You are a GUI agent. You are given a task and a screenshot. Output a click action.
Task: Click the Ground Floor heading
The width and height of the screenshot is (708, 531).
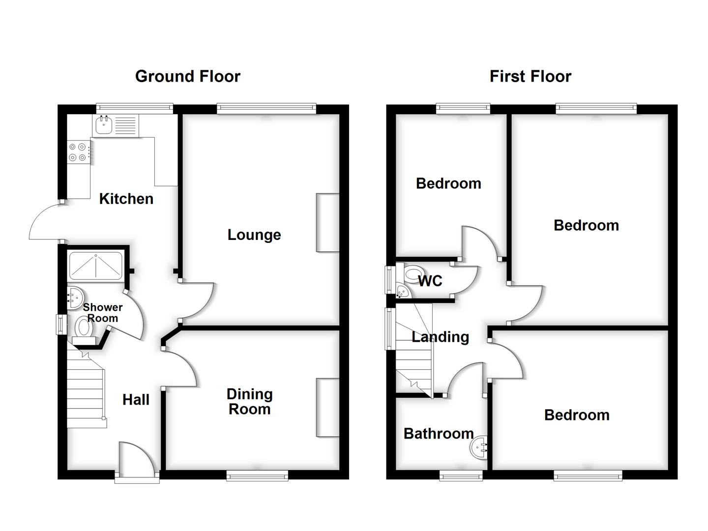(x=187, y=76)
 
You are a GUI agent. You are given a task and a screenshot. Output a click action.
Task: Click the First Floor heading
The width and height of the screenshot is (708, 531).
(x=530, y=76)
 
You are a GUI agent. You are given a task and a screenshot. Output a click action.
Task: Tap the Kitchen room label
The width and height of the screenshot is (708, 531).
(x=126, y=199)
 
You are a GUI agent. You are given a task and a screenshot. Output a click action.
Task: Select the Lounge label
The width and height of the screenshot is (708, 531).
(x=254, y=235)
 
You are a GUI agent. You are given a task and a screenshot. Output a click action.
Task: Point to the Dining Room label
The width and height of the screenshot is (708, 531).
(x=249, y=402)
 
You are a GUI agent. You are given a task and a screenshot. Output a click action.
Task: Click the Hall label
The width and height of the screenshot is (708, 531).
(x=136, y=400)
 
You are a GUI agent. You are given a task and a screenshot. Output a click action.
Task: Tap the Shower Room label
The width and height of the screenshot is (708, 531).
(x=102, y=313)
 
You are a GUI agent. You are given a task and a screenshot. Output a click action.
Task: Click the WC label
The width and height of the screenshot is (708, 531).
(x=430, y=281)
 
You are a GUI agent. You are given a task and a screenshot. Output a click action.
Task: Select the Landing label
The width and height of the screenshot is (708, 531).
(x=440, y=337)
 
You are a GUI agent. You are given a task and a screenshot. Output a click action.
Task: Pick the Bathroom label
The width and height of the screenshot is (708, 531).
(x=439, y=434)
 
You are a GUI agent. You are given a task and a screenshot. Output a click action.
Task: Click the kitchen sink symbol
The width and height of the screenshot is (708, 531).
(x=104, y=125)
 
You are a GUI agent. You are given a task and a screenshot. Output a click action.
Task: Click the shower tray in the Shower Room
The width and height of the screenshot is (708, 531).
(x=96, y=266)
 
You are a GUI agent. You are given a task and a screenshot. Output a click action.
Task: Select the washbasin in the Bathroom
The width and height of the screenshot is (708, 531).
(x=478, y=448)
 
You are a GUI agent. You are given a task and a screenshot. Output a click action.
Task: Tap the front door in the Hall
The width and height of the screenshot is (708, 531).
(x=137, y=460)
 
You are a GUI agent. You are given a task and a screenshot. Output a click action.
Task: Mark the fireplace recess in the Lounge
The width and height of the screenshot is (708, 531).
(x=327, y=223)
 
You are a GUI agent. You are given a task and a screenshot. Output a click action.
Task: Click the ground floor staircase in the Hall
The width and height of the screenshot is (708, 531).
(x=86, y=388)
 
